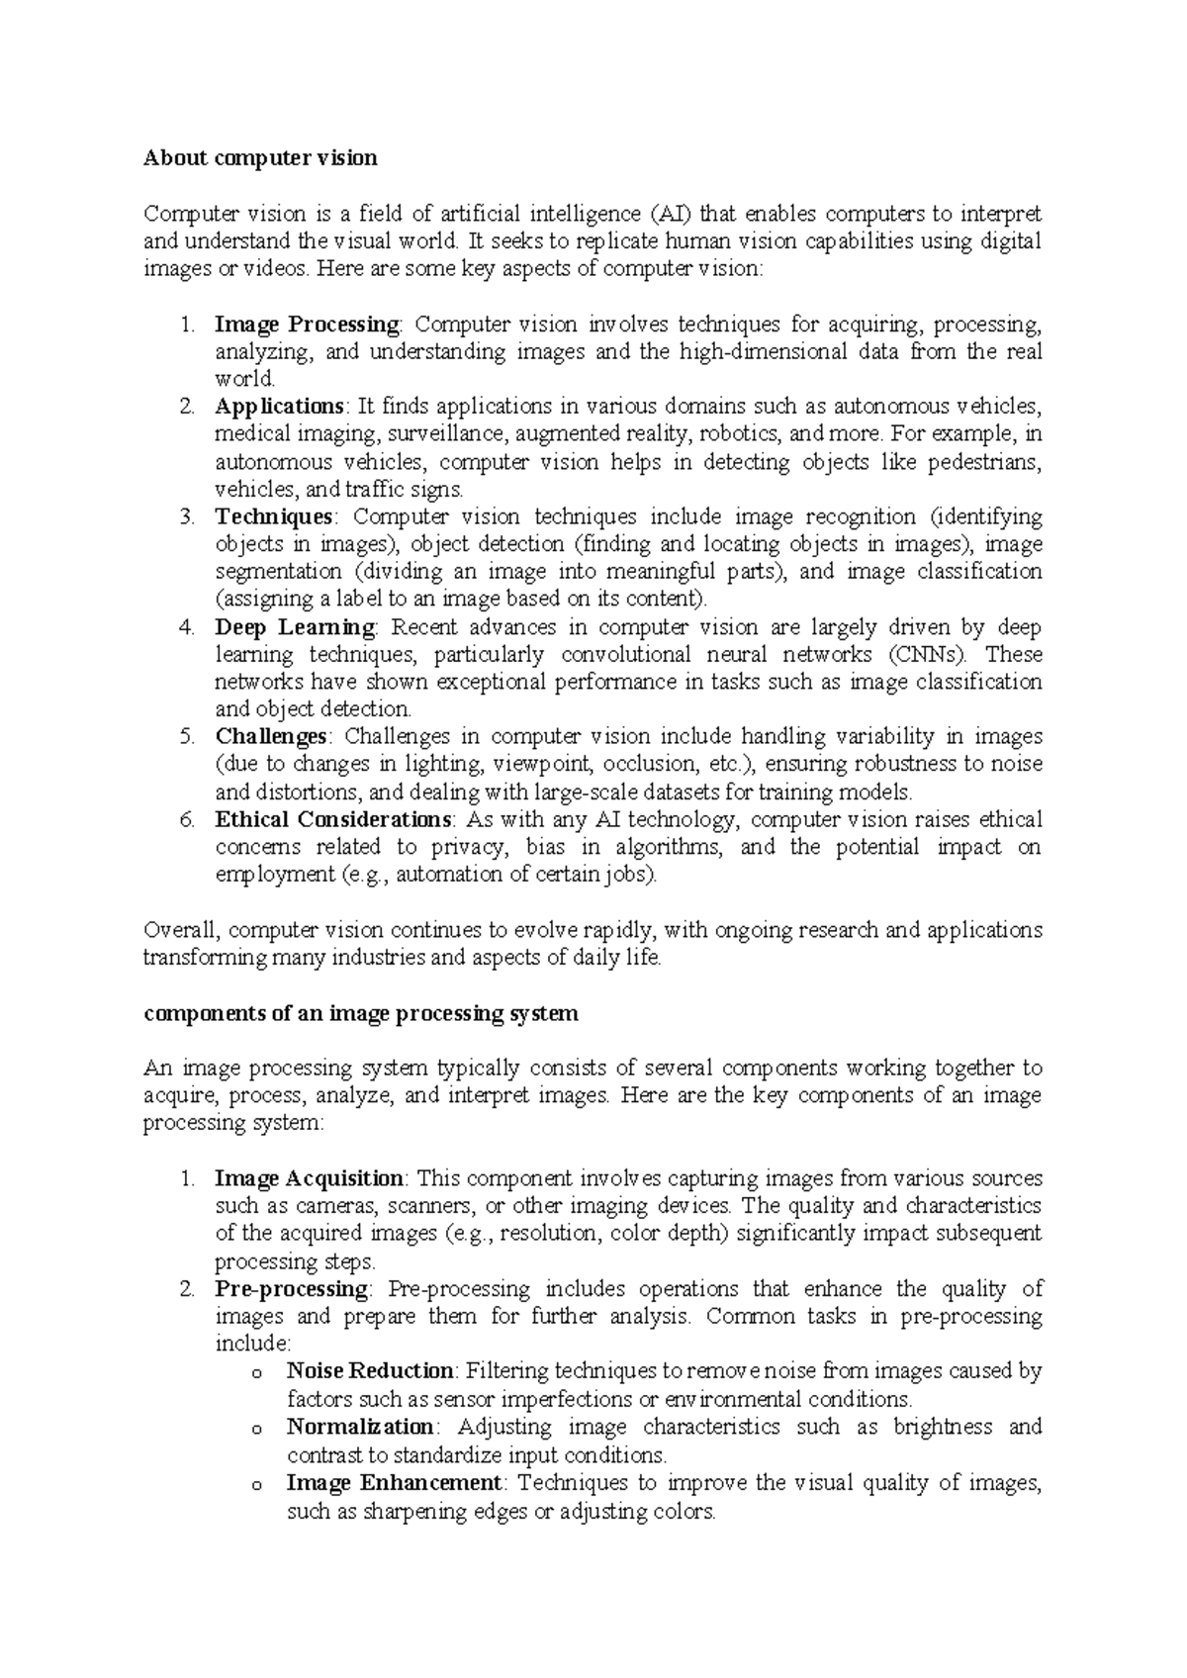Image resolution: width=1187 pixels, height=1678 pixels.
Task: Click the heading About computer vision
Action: click(x=260, y=157)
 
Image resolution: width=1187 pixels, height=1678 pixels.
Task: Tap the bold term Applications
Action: click(x=279, y=406)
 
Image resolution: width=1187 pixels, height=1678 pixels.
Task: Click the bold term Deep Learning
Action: click(x=295, y=627)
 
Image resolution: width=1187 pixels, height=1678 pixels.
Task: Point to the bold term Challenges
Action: click(x=271, y=736)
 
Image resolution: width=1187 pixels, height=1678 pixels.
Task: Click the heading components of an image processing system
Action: click(x=361, y=1014)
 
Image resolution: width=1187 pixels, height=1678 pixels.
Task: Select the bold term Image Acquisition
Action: click(x=309, y=1178)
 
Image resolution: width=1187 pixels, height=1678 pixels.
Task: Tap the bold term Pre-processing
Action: click(x=292, y=1289)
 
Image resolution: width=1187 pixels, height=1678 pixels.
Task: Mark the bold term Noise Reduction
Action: click(x=369, y=1371)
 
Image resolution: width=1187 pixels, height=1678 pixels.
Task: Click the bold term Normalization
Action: click(x=360, y=1427)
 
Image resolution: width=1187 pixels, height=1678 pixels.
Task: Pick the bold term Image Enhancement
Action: click(x=394, y=1483)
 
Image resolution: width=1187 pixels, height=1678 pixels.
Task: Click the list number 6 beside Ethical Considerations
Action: click(x=186, y=819)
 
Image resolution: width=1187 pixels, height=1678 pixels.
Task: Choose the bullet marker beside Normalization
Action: click(x=258, y=1429)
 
